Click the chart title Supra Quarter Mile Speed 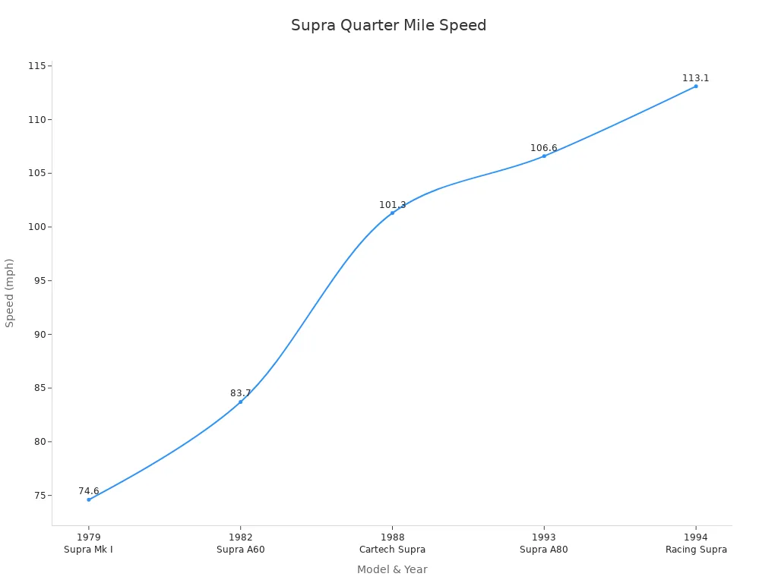(x=388, y=25)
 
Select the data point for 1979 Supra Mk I (x=88, y=499)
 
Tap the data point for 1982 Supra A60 (x=240, y=402)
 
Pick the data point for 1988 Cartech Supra (x=392, y=213)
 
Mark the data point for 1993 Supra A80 (x=544, y=156)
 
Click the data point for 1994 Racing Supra (x=695, y=86)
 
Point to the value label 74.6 (x=88, y=491)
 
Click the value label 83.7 (x=240, y=393)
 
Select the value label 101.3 (x=392, y=205)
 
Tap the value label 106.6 (x=544, y=148)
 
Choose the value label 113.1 (x=695, y=78)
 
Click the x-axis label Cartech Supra (x=392, y=550)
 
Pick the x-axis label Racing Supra (x=696, y=550)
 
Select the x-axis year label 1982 (x=240, y=537)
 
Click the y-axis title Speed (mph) (x=10, y=292)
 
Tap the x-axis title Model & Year (x=392, y=569)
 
